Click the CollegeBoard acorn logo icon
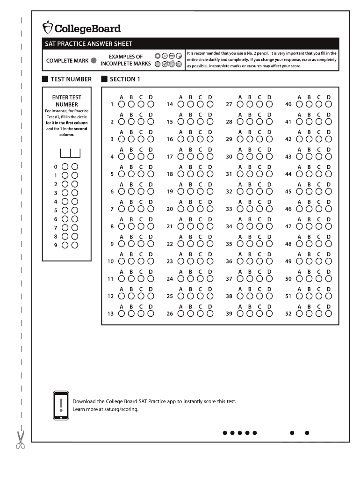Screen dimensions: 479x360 pos(48,28)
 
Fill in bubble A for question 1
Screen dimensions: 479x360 pos(122,104)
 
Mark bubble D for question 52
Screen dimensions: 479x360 pos(328,314)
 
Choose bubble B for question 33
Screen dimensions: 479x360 pos(250,209)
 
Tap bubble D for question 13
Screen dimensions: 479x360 pos(151,314)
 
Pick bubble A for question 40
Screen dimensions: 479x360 pos(299,104)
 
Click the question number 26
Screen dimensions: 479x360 pos(170,314)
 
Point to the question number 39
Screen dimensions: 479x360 pos(229,314)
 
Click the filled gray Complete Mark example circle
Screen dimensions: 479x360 pos(94,61)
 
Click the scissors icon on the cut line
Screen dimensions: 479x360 pos(20,440)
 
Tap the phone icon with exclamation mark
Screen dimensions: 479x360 pos(61,405)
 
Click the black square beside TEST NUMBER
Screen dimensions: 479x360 pos(45,79)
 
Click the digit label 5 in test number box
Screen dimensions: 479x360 pos(56,210)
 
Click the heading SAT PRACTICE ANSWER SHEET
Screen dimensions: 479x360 pos(88,44)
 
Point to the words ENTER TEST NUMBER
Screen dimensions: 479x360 pos(66,101)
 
